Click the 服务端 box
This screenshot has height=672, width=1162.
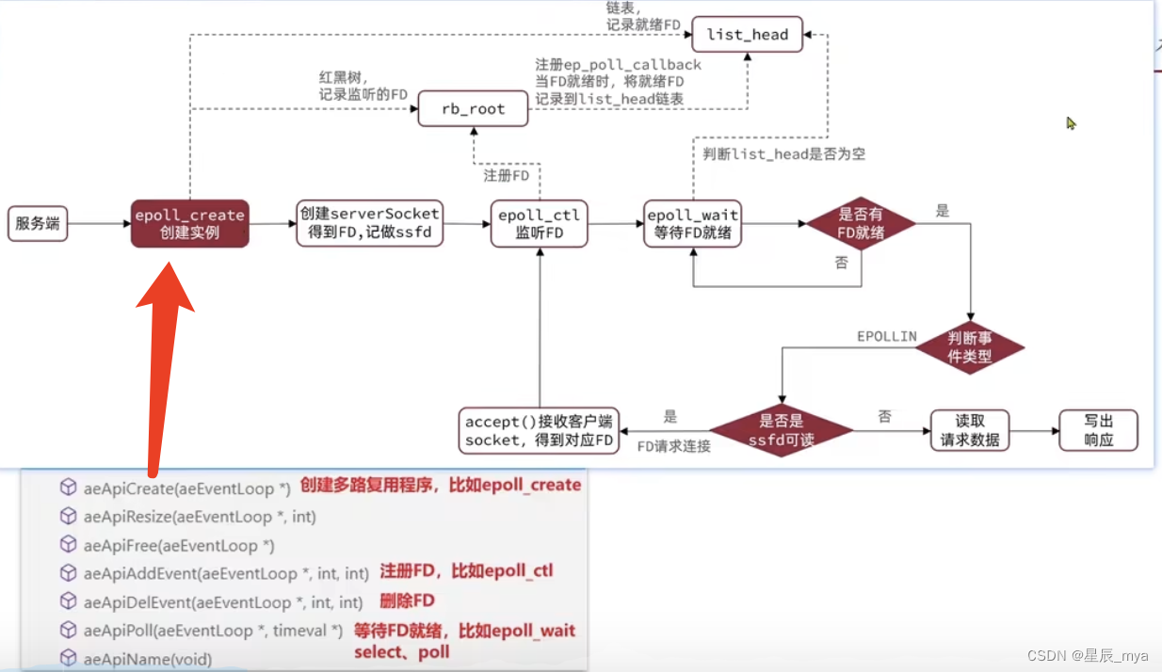coord(38,224)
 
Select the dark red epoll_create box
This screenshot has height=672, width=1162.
coord(189,224)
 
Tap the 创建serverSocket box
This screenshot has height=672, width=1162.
coord(368,223)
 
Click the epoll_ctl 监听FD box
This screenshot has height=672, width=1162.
coord(541,224)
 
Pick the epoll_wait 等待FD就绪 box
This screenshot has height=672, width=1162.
coord(692,224)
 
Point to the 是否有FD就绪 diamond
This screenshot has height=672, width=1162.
coord(861,224)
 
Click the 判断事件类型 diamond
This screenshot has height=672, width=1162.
coord(971,348)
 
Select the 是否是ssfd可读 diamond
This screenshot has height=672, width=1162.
coord(780,432)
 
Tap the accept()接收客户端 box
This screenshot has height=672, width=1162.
coord(539,431)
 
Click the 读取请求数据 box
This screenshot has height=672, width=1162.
coord(970,431)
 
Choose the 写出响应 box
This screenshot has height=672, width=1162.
coord(1098,431)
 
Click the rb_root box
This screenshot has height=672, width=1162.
coord(473,109)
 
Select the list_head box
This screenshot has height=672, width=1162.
coord(747,35)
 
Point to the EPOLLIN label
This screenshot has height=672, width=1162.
coord(886,336)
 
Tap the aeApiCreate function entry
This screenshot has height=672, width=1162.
coord(186,488)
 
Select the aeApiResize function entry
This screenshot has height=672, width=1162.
coord(199,517)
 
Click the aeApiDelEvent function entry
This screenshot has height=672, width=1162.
coord(222,602)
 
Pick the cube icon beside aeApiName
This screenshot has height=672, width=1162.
coord(68,659)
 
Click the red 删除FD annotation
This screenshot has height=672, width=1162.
coord(407,600)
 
